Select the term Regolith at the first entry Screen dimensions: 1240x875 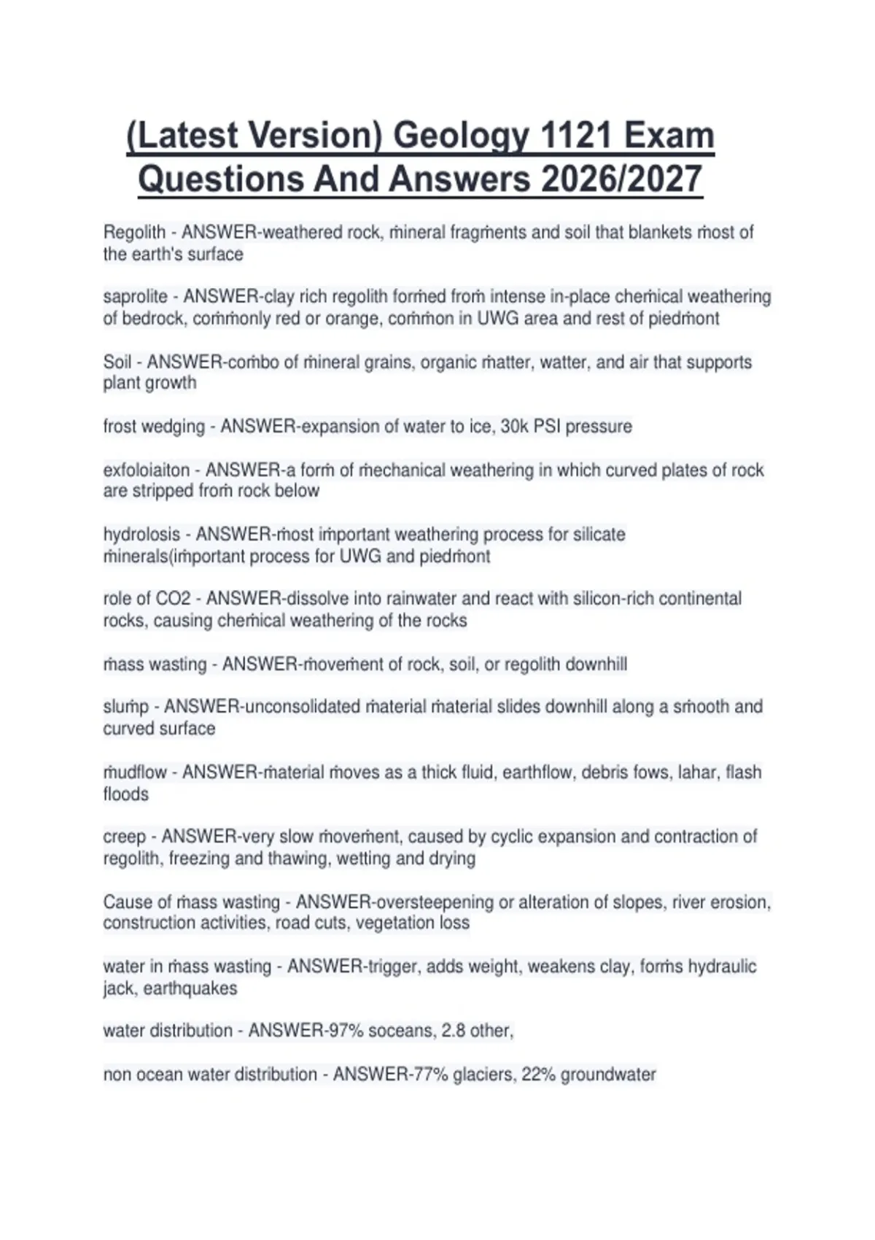[x=134, y=233]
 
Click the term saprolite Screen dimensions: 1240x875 [x=135, y=297]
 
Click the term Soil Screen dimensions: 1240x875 [x=117, y=362]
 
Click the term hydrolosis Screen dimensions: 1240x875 [x=141, y=535]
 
